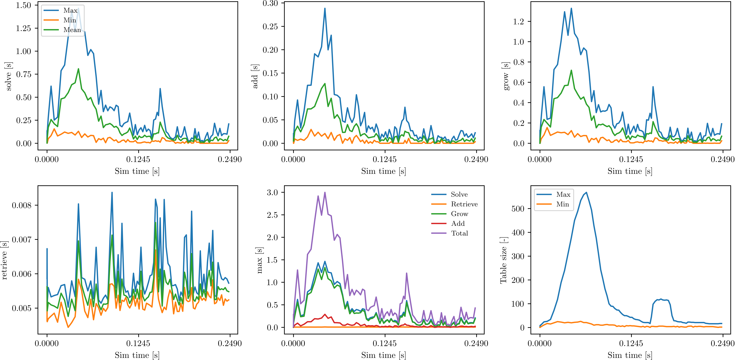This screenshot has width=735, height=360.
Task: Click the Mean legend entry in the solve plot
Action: point(72,30)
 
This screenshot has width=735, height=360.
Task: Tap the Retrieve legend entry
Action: point(464,204)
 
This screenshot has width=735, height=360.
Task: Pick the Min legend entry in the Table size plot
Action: point(562,204)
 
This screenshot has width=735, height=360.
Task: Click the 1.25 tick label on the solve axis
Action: point(23,28)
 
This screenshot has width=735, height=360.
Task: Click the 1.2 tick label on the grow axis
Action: point(518,21)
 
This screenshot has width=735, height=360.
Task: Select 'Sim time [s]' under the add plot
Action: point(383,171)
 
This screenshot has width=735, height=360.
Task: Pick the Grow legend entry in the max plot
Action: point(459,214)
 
